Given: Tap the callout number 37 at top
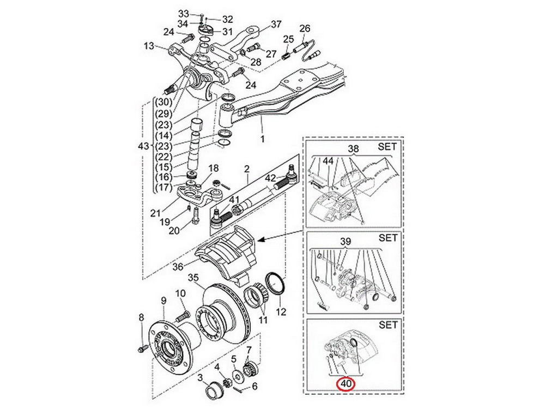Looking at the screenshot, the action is [276, 25].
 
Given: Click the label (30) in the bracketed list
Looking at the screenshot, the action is [163, 103].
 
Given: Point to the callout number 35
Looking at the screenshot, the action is [193, 278].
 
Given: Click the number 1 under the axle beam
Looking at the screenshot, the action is [263, 139].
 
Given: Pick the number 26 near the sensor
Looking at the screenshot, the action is [305, 28].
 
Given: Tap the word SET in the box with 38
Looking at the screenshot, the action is [387, 147].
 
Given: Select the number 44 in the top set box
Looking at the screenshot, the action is [328, 161].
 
